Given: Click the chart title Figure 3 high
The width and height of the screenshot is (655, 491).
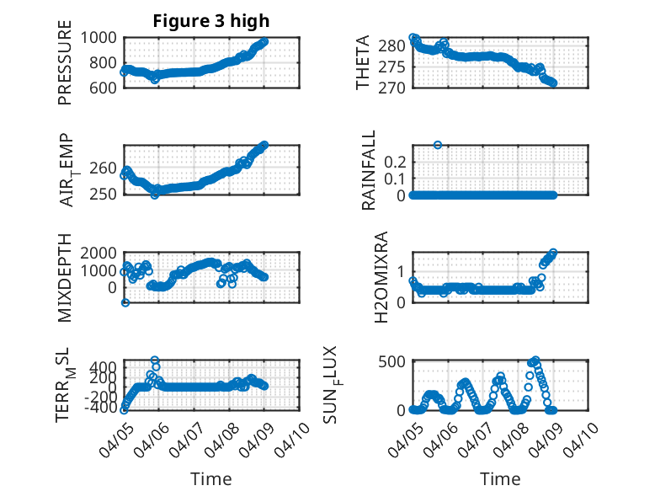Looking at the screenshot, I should click(x=210, y=21).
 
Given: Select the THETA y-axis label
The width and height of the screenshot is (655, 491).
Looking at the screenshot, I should click(x=363, y=62).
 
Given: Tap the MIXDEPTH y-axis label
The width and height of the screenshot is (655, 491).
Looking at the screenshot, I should click(x=65, y=278).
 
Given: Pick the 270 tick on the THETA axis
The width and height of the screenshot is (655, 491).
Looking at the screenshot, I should click(x=393, y=88).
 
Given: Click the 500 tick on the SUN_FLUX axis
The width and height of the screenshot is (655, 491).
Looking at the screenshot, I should click(x=393, y=361).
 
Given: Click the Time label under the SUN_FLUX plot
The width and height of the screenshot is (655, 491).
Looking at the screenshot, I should click(x=500, y=478).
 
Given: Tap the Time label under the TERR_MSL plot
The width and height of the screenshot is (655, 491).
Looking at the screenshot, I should click(x=210, y=478).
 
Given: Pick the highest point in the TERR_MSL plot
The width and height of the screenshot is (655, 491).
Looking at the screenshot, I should click(x=154, y=360).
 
